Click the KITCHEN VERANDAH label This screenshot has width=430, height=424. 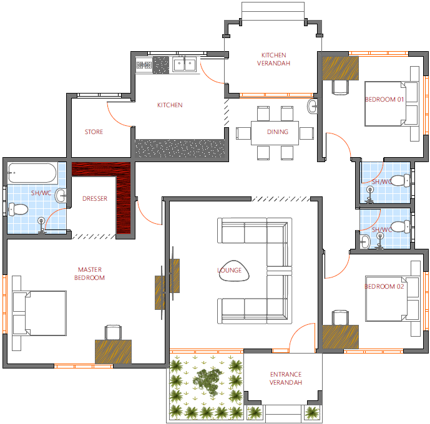(x=273, y=59)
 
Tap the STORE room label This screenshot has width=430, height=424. (x=94, y=132)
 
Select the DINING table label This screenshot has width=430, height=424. (x=278, y=132)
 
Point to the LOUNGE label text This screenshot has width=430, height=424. (x=229, y=271)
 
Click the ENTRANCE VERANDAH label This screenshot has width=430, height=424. (x=286, y=378)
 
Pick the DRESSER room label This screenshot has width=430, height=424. (x=95, y=198)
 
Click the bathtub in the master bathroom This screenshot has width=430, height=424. (x=32, y=173)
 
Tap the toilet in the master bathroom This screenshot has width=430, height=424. (x=18, y=210)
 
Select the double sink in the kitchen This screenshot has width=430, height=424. (x=185, y=64)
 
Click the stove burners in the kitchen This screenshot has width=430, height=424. (x=144, y=65)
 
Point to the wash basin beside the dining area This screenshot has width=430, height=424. (x=312, y=106)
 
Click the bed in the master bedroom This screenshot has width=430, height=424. (x=39, y=313)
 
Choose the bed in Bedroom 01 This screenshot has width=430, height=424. (x=392, y=104)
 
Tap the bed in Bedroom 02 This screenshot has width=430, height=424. (x=393, y=299)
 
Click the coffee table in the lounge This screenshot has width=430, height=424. (x=234, y=271)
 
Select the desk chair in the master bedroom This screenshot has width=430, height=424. (x=113, y=332)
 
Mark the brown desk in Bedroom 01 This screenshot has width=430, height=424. (x=340, y=68)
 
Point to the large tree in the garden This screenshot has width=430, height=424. (x=208, y=382)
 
